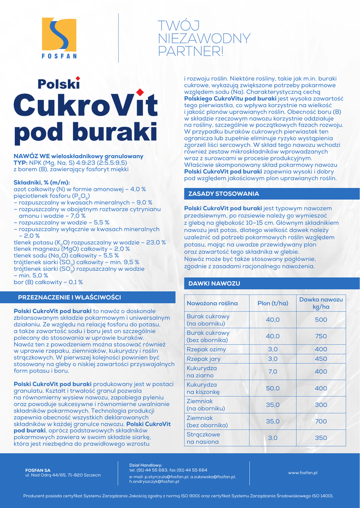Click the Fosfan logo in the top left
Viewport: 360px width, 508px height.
pyautogui.click(x=59, y=38)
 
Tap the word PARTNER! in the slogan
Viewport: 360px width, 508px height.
pyautogui.click(x=191, y=51)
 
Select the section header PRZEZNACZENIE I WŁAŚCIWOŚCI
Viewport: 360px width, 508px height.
pyautogui.click(x=70, y=297)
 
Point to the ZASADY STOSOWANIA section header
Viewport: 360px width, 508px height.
pyautogui.click(x=223, y=193)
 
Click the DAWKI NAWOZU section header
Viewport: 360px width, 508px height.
pyautogui.click(x=215, y=283)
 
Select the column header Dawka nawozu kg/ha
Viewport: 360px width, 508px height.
pyautogui.click(x=321, y=303)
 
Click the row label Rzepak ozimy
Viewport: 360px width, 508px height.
pyautogui.click(x=206, y=349)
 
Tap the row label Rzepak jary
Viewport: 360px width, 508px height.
pyautogui.click(x=203, y=359)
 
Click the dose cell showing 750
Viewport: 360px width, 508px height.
pyautogui.click(x=321, y=336)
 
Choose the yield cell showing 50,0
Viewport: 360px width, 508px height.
pyautogui.click(x=273, y=388)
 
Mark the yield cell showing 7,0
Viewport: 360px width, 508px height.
pyautogui.click(x=273, y=371)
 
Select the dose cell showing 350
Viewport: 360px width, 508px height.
pyautogui.click(x=321, y=438)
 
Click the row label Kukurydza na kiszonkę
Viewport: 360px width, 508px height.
pyautogui.click(x=202, y=388)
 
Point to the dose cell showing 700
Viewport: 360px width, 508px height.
pyautogui.click(x=321, y=421)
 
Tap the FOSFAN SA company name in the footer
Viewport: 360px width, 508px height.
pyautogui.click(x=38, y=470)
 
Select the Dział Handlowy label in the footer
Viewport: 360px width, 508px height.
pyautogui.click(x=142, y=465)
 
